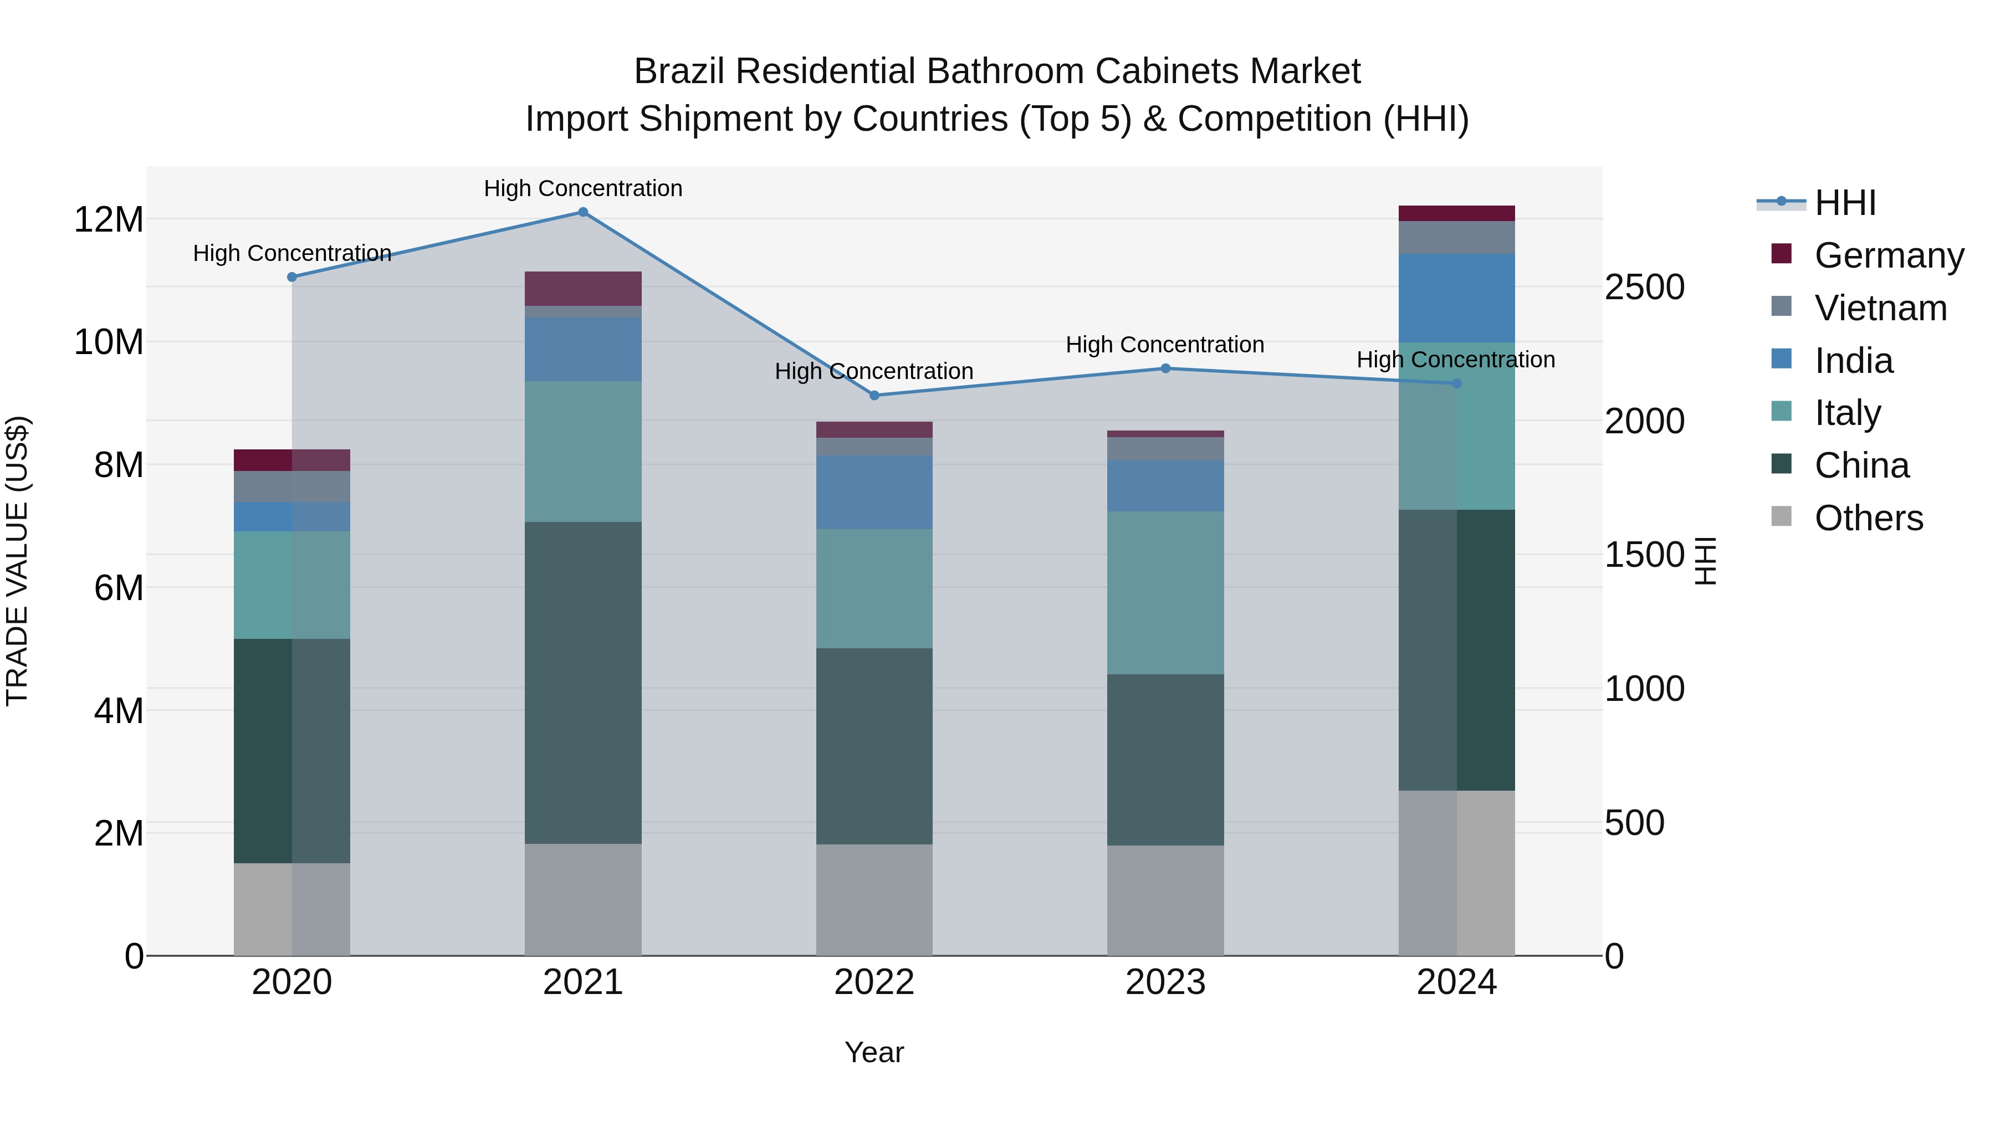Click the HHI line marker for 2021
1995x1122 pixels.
pyautogui.click(x=583, y=212)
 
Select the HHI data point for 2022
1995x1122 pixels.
pyautogui.click(x=874, y=396)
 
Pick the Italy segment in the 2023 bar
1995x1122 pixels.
pyautogui.click(x=1165, y=592)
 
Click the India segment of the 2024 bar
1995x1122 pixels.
pyautogui.click(x=1457, y=298)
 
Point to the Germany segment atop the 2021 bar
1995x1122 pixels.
pyautogui.click(x=583, y=288)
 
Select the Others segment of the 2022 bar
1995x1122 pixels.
pyautogui.click(x=874, y=900)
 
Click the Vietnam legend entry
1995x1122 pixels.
pyautogui.click(x=1880, y=308)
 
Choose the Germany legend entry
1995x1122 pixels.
pyautogui.click(x=1888, y=255)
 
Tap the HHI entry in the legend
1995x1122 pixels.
pyautogui.click(x=1845, y=203)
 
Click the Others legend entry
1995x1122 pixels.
pyautogui.click(x=1868, y=518)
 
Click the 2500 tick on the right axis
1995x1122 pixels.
pyautogui.click(x=1644, y=287)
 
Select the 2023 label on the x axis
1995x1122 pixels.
pyautogui.click(x=1165, y=982)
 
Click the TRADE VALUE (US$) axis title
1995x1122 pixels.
pyautogui.click(x=17, y=561)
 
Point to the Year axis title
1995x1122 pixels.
pyautogui.click(x=874, y=1052)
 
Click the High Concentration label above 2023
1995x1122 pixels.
pyautogui.click(x=1165, y=345)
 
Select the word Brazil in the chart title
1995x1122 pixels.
pyautogui.click(x=679, y=71)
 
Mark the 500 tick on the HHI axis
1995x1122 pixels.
pyautogui.click(x=1634, y=823)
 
